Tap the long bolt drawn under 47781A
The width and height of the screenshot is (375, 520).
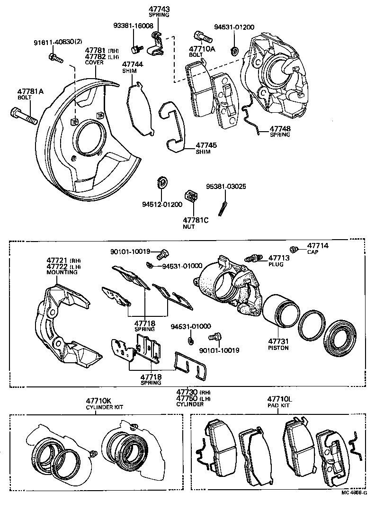23,116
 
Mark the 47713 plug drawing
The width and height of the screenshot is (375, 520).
253,258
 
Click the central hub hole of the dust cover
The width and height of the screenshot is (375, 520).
90,138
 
